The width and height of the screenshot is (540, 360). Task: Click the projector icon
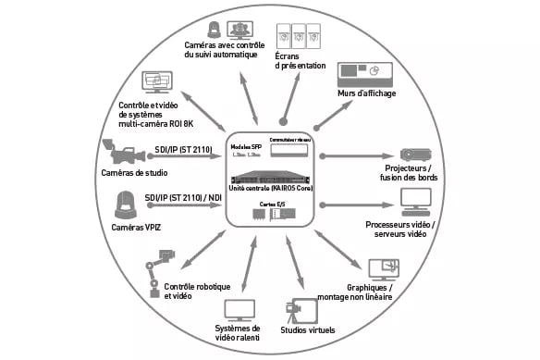[x=412, y=155]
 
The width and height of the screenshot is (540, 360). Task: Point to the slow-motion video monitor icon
[x=240, y=308]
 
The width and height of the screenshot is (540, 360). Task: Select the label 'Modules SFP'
[x=245, y=146]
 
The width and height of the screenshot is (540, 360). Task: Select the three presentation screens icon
[x=294, y=38]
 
